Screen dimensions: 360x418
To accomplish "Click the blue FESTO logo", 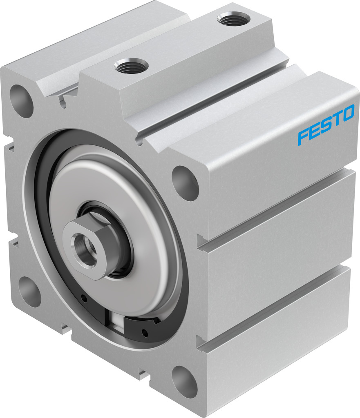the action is pos(326,125).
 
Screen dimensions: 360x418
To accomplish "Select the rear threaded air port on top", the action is pos(233,19).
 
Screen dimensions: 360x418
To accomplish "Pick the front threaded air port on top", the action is pos(131,66).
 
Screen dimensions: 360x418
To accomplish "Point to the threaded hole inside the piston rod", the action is pos(84,249).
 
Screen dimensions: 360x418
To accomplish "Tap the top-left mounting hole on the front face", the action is pos(21,101).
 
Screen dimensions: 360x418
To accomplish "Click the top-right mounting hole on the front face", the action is pos(185,183).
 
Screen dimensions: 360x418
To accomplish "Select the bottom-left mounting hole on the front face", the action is pos(29,292).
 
